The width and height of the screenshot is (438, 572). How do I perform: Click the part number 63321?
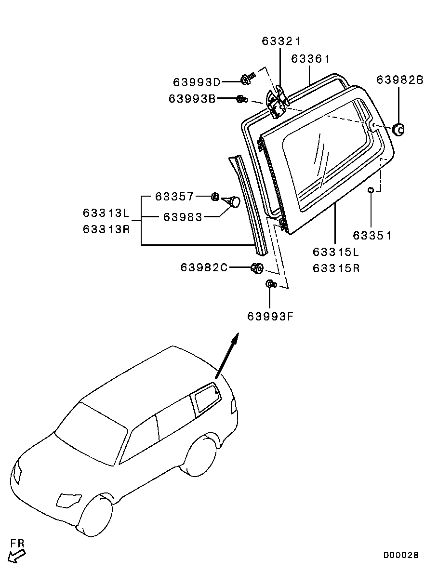click(281, 41)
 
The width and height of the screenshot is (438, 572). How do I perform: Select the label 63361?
click(310, 59)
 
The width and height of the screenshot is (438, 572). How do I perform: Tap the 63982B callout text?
click(400, 80)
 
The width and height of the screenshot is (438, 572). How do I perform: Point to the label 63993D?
click(197, 82)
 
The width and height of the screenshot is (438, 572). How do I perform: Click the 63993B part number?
click(192, 98)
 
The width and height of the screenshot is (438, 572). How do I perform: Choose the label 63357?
click(175, 197)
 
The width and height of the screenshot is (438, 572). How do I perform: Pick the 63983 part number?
click(183, 217)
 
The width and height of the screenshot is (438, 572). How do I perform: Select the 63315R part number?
click(336, 268)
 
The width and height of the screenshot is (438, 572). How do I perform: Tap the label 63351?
click(372, 236)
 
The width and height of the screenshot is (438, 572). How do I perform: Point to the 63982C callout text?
click(204, 268)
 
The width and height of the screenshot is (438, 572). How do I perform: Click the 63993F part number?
click(270, 316)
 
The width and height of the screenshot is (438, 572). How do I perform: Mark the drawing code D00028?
click(401, 555)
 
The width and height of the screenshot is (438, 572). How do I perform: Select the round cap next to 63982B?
click(398, 129)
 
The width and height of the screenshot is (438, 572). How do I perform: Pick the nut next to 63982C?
click(257, 268)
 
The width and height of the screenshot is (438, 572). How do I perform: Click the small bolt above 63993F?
click(271, 283)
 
